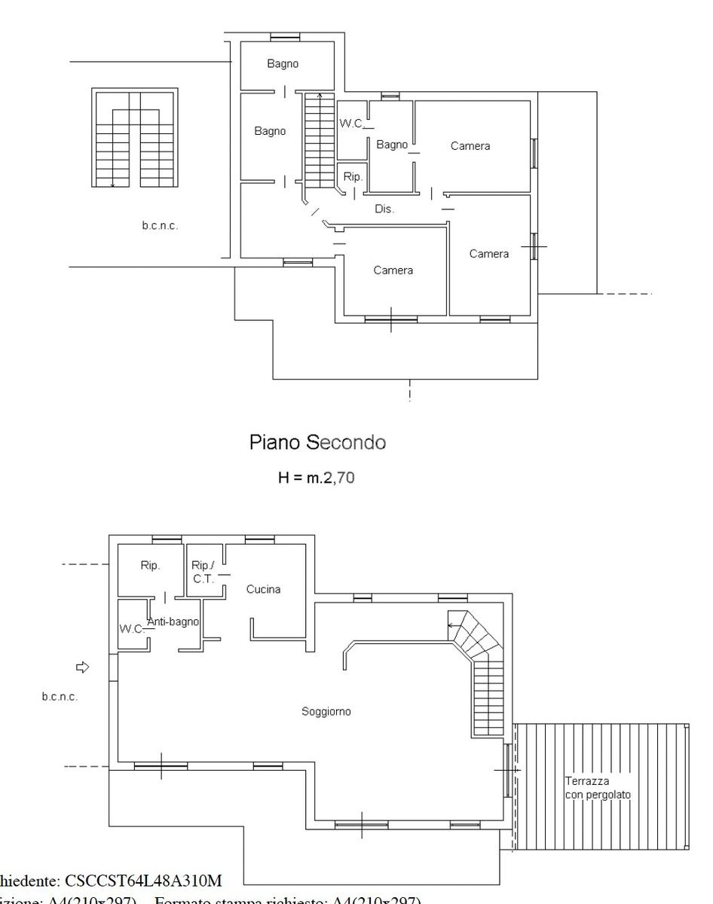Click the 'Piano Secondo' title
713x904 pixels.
pyautogui.click(x=317, y=443)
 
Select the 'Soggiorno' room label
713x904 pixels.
pyautogui.click(x=326, y=711)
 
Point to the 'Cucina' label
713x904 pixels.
pyautogui.click(x=263, y=589)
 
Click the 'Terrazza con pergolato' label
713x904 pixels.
pyautogui.click(x=598, y=788)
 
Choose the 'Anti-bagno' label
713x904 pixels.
pyautogui.click(x=173, y=621)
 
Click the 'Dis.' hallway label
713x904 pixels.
pyautogui.click(x=384, y=209)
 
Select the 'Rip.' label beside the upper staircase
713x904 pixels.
pyautogui.click(x=353, y=177)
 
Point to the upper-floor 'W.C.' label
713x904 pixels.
pyautogui.click(x=351, y=124)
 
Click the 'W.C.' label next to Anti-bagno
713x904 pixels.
pyautogui.click(x=131, y=629)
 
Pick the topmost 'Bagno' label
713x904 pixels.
pyautogui.click(x=283, y=64)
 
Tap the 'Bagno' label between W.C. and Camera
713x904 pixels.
pyautogui.click(x=392, y=145)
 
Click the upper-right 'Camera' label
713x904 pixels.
pyautogui.click(x=470, y=146)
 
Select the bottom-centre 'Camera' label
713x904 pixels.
pyautogui.click(x=393, y=270)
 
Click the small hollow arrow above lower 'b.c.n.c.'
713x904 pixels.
pyautogui.click(x=83, y=667)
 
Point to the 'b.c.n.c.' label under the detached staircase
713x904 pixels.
pyautogui.click(x=161, y=226)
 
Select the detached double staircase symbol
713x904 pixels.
pyautogui.click(x=135, y=138)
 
